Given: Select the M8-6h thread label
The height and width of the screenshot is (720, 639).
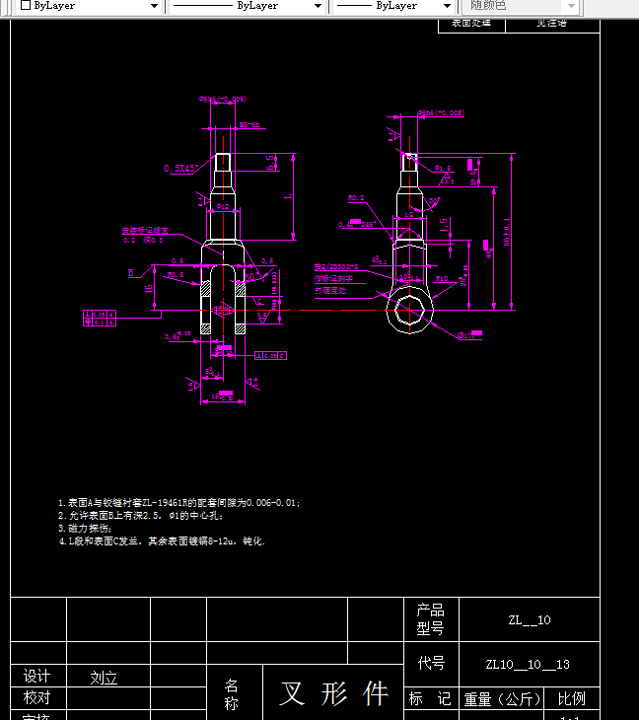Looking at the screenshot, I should tap(248, 125).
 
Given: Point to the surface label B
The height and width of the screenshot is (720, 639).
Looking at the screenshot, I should tap(131, 272).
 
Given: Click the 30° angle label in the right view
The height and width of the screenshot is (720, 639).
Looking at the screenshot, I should tap(434, 201).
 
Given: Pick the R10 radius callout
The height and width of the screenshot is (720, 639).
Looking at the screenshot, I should tap(442, 280).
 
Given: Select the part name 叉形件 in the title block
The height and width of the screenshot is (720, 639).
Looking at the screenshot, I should tap(333, 693).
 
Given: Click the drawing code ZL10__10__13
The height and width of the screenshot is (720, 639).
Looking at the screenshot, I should tap(528, 665).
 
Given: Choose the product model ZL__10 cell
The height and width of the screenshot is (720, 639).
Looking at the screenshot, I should tap(530, 620).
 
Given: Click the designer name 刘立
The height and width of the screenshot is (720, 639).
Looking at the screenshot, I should tap(104, 679).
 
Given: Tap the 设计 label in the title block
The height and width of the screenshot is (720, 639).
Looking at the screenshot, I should tap(36, 677).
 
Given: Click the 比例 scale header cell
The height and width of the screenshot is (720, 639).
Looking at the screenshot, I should tap(571, 698).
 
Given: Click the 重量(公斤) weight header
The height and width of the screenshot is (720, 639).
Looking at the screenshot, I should tap(502, 698).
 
